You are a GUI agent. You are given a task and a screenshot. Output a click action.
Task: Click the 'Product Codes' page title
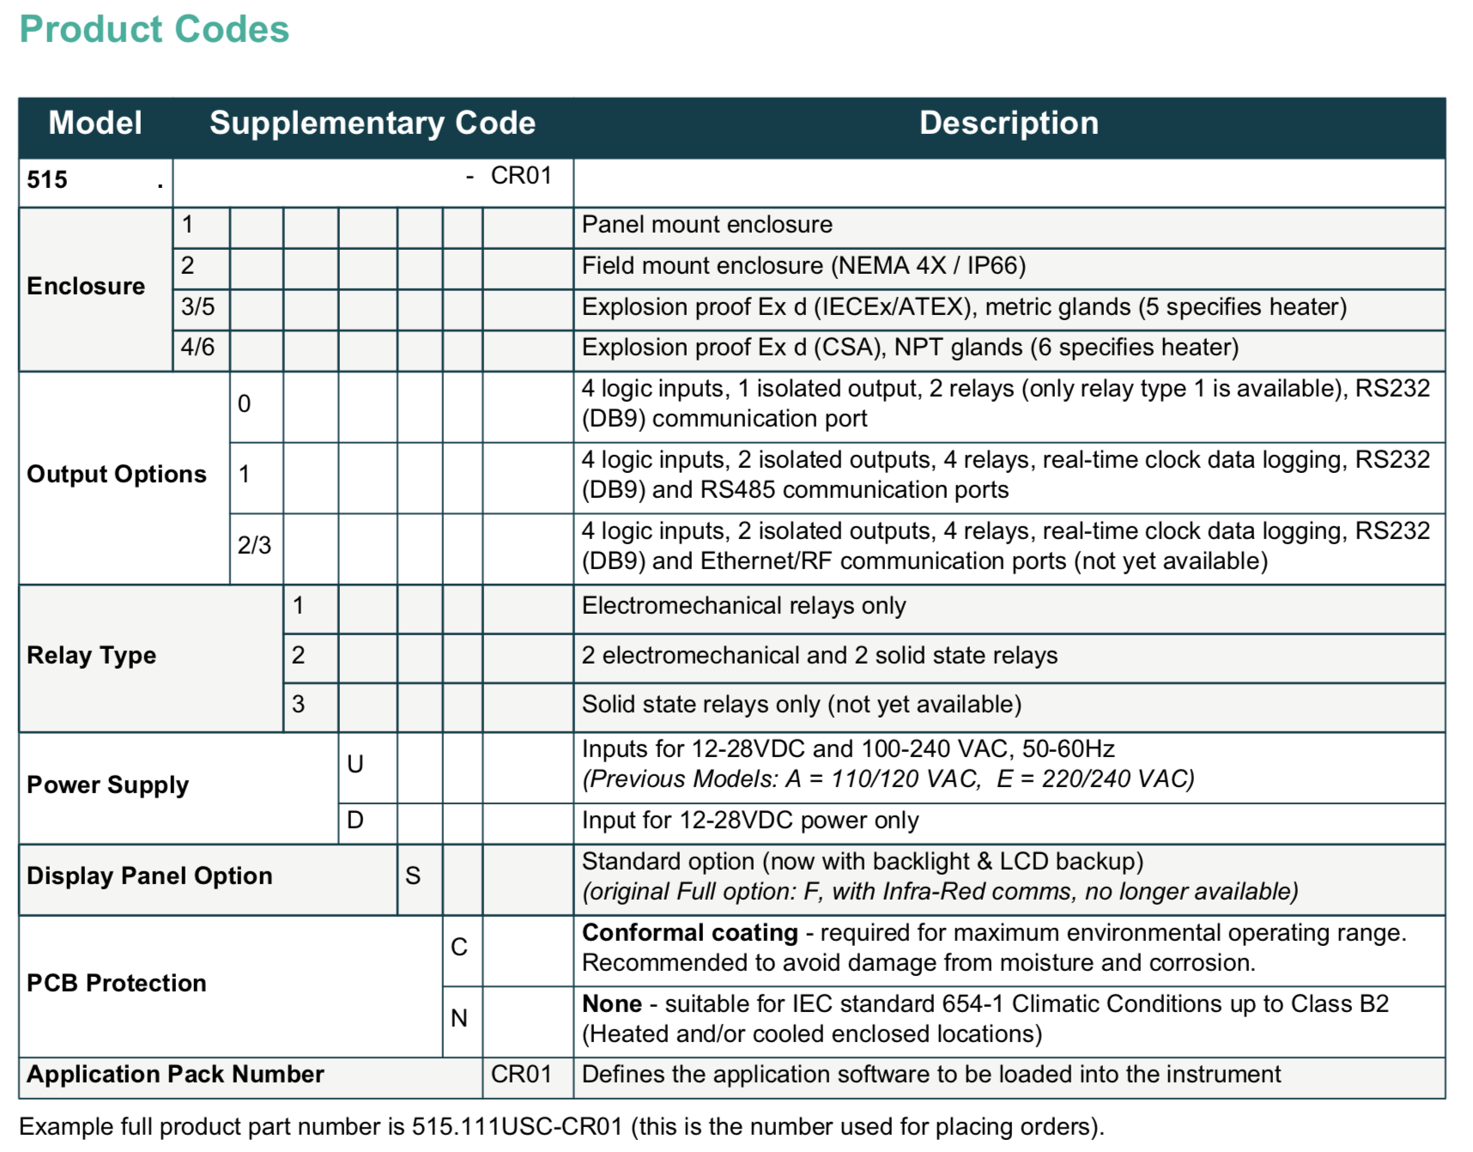point(155,29)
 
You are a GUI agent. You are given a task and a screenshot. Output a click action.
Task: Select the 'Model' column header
point(95,123)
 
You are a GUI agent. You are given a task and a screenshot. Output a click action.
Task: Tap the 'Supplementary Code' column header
point(373,123)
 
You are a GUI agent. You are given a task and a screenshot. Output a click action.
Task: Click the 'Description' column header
point(1009,123)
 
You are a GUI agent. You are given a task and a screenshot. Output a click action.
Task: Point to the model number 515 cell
point(48,180)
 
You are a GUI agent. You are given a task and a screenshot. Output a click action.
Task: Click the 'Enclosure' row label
point(86,286)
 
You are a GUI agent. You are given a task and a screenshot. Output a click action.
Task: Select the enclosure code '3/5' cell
point(198,306)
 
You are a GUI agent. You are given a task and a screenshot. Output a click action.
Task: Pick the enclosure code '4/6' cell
point(198,347)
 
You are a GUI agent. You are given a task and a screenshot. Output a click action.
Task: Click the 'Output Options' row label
point(117,474)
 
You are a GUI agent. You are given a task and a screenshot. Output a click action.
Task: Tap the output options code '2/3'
point(254,545)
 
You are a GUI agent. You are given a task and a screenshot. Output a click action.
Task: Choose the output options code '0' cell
point(245,403)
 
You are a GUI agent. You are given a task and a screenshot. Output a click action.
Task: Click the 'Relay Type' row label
point(91,655)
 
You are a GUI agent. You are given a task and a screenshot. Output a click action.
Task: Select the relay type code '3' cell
point(299,704)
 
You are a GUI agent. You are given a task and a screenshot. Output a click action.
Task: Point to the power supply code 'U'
point(355,764)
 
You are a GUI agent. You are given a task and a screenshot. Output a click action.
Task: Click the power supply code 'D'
point(355,820)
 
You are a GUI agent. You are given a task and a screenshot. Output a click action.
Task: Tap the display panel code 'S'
point(413,876)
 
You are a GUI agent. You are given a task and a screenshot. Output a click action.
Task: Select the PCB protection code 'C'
point(459,947)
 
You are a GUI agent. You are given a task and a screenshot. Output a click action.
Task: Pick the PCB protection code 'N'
point(459,1018)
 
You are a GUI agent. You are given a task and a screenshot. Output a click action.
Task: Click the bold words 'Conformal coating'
point(690,932)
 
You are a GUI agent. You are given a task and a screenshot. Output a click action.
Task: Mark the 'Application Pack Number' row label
point(175,1074)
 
